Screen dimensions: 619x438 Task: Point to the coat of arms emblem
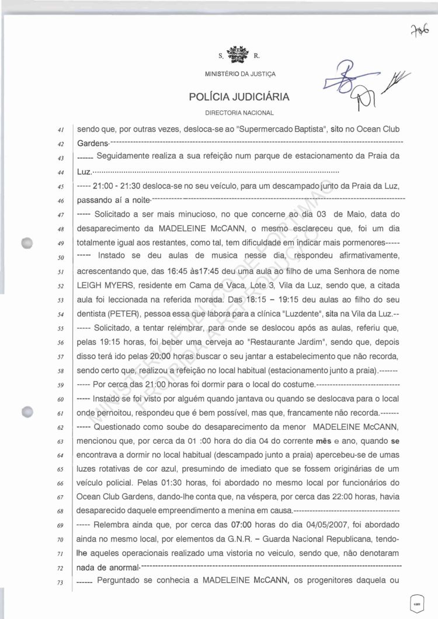click(x=239, y=56)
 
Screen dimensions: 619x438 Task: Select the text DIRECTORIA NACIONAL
click(x=239, y=112)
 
